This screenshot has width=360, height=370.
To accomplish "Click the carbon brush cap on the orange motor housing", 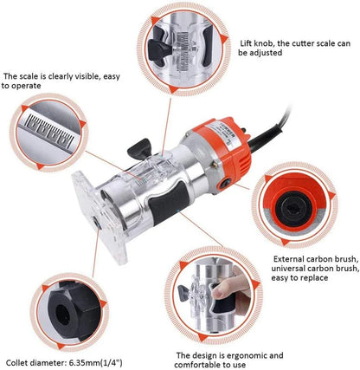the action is click(x=225, y=184).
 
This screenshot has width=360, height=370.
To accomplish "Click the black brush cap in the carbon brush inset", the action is click(x=293, y=209).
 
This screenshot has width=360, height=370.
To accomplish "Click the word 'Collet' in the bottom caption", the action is click(x=16, y=362).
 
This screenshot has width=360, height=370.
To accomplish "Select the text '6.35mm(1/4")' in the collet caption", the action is click(x=95, y=362).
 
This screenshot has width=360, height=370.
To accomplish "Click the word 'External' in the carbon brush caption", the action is click(x=289, y=258).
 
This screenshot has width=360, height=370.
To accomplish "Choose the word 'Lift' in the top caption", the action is click(x=246, y=43).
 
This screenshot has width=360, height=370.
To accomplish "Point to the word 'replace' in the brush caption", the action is click(x=314, y=278).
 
